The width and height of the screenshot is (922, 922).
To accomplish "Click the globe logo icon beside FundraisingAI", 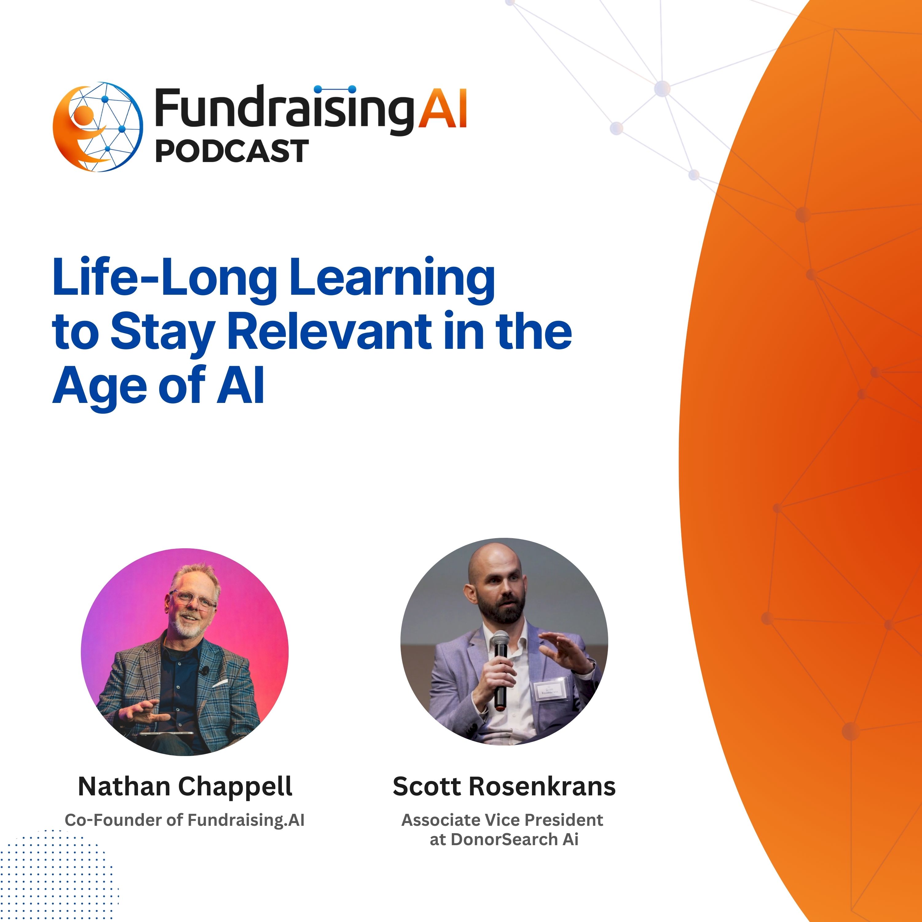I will tap(97, 127).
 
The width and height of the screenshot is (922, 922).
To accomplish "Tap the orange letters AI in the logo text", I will tap(442, 110).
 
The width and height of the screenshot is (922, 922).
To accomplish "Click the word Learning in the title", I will tap(392, 279).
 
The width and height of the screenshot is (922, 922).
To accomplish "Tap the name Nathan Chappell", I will tap(185, 786).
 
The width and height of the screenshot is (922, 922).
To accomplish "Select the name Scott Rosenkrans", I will tap(504, 786).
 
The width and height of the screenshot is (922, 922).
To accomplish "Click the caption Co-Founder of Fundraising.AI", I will tap(185, 820).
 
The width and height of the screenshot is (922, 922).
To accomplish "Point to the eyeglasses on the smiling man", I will tap(193, 599).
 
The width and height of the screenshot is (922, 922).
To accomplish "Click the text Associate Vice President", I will tap(502, 820).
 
